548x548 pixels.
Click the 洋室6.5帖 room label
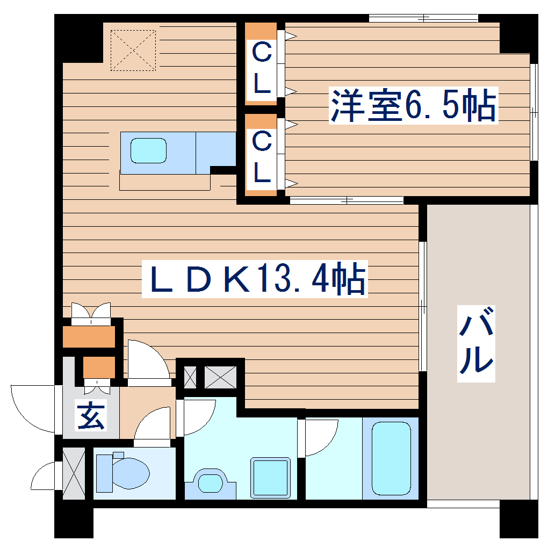413,106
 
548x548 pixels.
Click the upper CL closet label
262,68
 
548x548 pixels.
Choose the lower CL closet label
262,157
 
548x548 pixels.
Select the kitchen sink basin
148,150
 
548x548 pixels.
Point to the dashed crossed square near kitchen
133,50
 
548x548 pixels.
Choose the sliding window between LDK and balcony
423,306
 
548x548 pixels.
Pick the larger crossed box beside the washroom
220,377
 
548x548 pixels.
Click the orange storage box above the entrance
89,336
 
